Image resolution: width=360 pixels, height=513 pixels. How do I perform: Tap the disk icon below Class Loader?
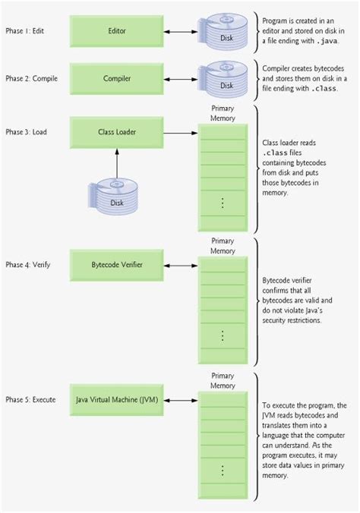point(116,195)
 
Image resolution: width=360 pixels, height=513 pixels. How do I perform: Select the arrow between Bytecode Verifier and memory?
point(182,265)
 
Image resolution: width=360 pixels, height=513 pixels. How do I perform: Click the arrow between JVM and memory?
point(182,399)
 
